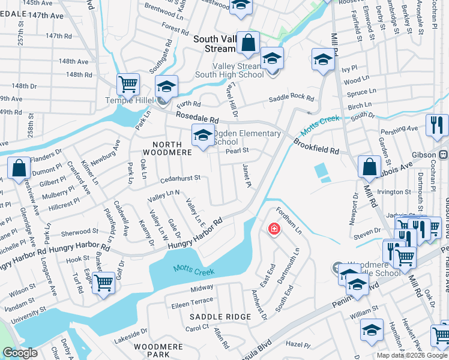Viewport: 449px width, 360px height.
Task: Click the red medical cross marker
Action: click(274, 229)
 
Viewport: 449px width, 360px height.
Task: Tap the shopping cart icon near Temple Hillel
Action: click(128, 85)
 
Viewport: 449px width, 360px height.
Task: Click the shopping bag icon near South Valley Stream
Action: click(248, 43)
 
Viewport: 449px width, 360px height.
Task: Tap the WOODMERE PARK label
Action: click(154, 351)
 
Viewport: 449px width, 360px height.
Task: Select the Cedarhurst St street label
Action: click(180, 178)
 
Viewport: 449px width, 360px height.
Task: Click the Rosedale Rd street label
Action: click(197, 116)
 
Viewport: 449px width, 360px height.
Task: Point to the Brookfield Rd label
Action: click(316, 148)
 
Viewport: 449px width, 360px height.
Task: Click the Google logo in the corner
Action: click(20, 353)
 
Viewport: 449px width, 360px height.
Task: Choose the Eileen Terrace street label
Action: click(193, 300)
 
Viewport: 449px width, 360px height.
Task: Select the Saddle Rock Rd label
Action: click(291, 98)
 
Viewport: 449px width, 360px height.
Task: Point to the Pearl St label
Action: click(237, 151)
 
